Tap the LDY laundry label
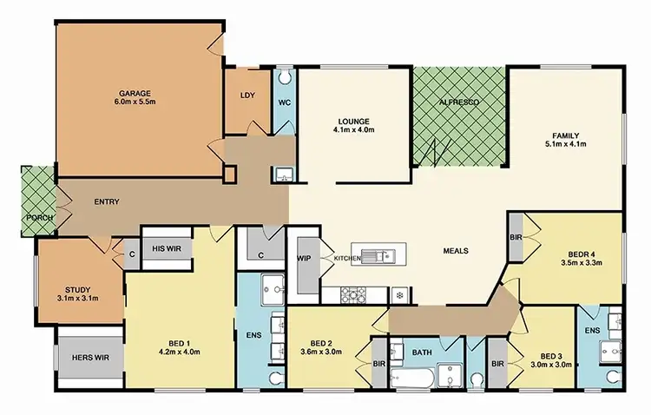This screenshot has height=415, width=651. pos(246,96)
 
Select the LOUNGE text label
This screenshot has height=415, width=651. pos(355,121)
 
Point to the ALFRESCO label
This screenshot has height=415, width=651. pos(458,101)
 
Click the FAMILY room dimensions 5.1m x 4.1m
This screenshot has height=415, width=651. pos(565,144)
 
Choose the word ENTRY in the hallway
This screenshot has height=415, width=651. pos(106,202)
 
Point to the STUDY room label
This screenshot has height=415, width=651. pos(78,290)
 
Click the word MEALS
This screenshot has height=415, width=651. pos(455,251)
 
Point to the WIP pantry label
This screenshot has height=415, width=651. pos(305,258)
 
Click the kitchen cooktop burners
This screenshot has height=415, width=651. pos(353,294)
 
